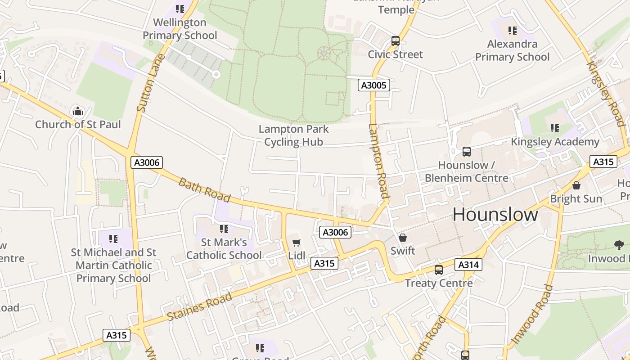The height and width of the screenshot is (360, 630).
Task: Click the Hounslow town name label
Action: (x=495, y=215)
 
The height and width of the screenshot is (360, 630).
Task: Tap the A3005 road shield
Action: (x=373, y=85)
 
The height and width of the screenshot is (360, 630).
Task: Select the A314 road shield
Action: (x=468, y=265)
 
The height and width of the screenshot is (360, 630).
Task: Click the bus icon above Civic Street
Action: (x=396, y=41)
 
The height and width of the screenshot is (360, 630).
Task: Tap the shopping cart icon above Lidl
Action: (x=296, y=243)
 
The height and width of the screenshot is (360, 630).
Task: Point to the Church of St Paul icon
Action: (x=78, y=111)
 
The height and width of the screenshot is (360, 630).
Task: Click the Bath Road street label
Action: (x=204, y=189)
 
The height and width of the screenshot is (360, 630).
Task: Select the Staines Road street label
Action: (x=199, y=306)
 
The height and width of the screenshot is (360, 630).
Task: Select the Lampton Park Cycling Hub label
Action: (x=293, y=135)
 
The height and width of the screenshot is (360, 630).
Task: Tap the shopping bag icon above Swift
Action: (x=403, y=237)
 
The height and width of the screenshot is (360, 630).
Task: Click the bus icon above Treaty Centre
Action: (x=439, y=270)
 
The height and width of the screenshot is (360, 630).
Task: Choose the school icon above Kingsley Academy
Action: (x=554, y=128)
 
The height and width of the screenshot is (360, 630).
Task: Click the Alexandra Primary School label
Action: (x=512, y=50)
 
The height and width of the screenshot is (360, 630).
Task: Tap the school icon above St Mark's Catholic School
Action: (x=224, y=229)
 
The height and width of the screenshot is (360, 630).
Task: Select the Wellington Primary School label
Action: (x=180, y=29)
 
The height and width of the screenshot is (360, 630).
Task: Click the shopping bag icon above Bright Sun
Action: (x=576, y=185)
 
